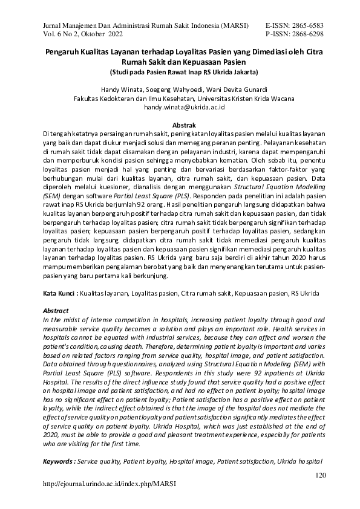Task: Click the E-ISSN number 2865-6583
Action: pyautogui.click(x=306, y=25)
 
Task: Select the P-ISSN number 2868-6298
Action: pyautogui.click(x=306, y=34)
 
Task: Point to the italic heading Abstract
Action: pyautogui.click(x=53, y=310)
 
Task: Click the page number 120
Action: pyautogui.click(x=321, y=475)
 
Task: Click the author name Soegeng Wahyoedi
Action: pyautogui.click(x=176, y=88)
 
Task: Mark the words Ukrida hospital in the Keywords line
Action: pyautogui.click(x=302, y=461)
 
